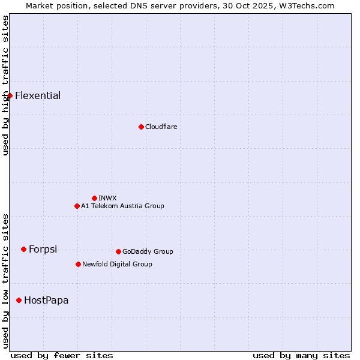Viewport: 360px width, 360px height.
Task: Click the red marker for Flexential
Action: click(10, 95)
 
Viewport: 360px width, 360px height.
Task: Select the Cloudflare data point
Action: click(141, 127)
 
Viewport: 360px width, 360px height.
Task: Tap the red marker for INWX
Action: click(94, 198)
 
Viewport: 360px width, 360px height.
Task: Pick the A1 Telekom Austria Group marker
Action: click(77, 206)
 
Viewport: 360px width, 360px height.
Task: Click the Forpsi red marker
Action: click(23, 249)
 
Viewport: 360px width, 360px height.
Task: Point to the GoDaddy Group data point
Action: click(118, 251)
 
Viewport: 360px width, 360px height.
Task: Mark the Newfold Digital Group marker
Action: click(78, 264)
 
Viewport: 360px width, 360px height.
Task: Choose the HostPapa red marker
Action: click(19, 300)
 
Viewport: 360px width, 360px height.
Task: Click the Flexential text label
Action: click(38, 95)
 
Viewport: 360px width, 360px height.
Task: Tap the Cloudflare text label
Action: click(161, 127)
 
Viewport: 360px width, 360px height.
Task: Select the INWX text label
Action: click(108, 198)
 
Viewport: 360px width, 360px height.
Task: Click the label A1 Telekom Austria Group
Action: click(122, 206)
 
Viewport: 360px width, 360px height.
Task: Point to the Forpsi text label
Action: click(43, 249)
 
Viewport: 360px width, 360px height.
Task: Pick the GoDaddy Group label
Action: click(148, 251)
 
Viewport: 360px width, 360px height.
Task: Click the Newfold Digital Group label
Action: click(117, 264)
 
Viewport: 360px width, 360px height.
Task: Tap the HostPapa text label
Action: click(46, 300)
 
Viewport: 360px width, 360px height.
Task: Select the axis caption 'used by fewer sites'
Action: click(62, 355)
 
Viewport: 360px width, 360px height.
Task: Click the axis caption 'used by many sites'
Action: click(301, 355)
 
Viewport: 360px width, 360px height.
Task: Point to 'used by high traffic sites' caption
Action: click(5, 85)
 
